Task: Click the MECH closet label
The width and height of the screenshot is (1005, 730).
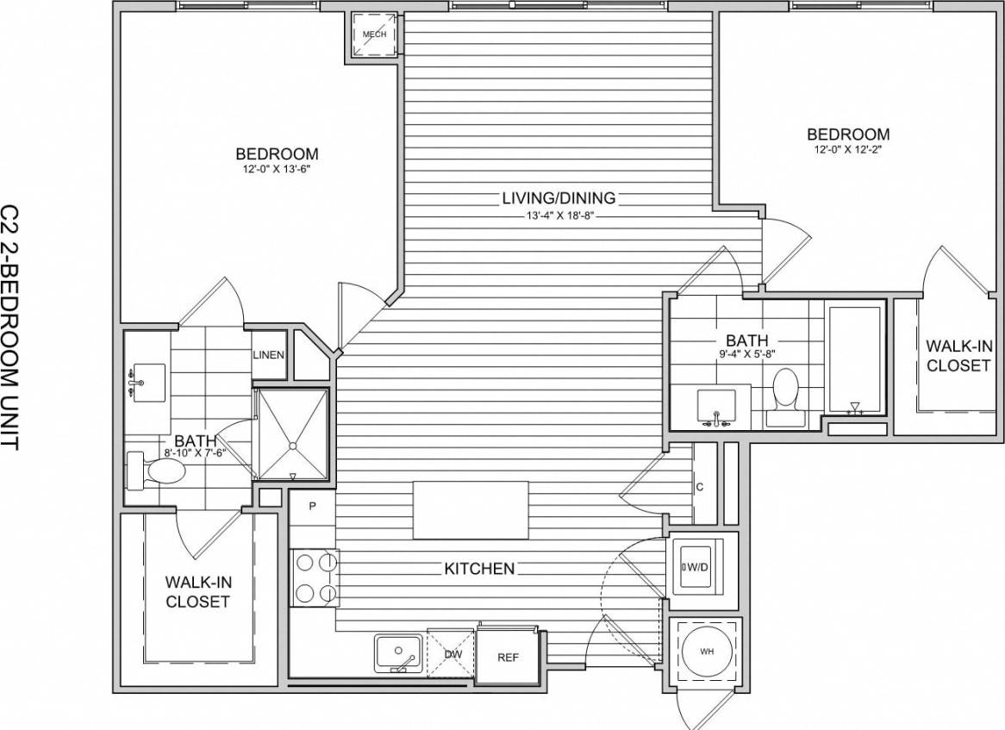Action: (x=374, y=34)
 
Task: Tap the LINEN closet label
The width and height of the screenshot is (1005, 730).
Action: (x=268, y=354)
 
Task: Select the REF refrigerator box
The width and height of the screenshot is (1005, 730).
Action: (x=509, y=657)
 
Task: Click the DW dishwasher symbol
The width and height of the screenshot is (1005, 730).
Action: (x=453, y=654)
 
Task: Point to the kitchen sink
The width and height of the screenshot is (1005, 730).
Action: (x=398, y=653)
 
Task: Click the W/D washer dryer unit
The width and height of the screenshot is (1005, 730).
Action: (x=702, y=566)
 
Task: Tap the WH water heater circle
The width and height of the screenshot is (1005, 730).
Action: (x=705, y=652)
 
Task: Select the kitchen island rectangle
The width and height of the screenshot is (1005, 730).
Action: (x=471, y=510)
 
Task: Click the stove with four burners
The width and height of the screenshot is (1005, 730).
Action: (x=314, y=577)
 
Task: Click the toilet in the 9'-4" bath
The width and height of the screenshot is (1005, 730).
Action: (x=785, y=391)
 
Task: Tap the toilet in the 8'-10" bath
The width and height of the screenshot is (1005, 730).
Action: (x=159, y=471)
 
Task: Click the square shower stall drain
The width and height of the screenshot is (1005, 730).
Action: (x=293, y=446)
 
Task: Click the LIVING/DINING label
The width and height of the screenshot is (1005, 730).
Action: (x=559, y=198)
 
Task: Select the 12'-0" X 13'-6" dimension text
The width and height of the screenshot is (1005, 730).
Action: (x=276, y=170)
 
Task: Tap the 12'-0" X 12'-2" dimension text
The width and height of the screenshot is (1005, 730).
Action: (x=848, y=150)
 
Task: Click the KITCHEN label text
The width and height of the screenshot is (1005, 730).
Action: (x=479, y=569)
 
